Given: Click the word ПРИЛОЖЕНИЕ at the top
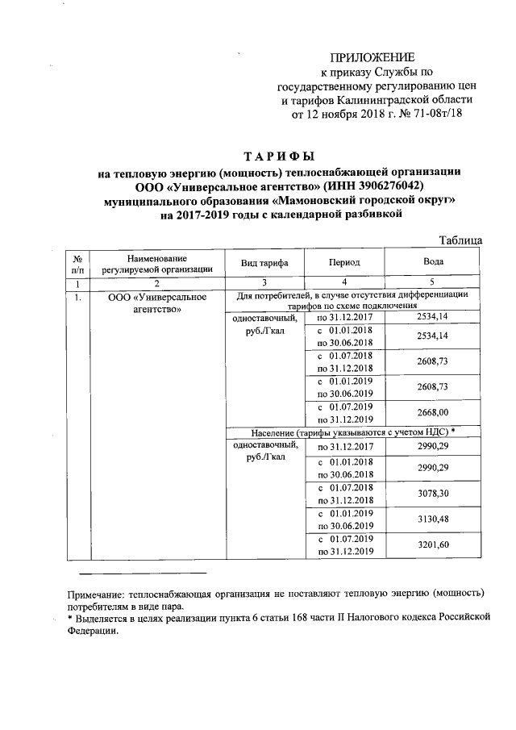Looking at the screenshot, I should [x=372, y=57].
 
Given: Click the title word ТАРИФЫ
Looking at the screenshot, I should [x=279, y=156].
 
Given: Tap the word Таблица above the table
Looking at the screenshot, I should [x=460, y=240].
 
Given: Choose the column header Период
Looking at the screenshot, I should [x=344, y=263].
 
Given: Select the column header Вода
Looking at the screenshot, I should [x=434, y=263].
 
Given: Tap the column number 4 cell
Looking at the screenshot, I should [x=344, y=283].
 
